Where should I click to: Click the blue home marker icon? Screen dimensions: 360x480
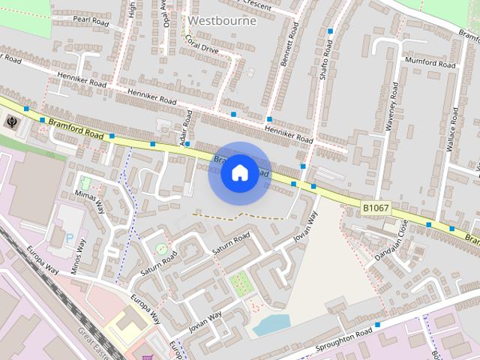click(239, 173)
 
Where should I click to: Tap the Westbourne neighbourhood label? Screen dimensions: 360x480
click(222, 21)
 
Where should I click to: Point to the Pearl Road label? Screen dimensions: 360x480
click(91, 22)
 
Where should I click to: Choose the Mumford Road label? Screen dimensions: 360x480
click(430, 64)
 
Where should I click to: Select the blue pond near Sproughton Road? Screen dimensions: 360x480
click(271, 325)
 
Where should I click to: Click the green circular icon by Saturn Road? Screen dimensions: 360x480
click(160, 248)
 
